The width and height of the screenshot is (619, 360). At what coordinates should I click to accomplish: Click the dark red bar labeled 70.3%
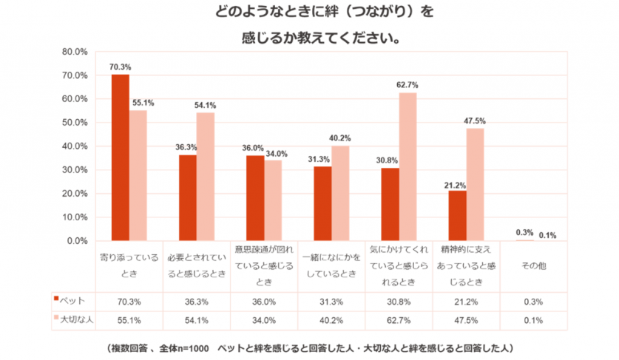pyautogui.click(x=120, y=157)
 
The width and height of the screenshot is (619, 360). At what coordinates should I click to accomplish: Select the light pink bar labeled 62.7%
pyautogui.click(x=407, y=167)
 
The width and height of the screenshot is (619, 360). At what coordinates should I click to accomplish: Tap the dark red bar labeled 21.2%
pyautogui.click(x=457, y=216)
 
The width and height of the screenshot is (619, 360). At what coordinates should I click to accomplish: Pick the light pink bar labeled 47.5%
pyautogui.click(x=475, y=185)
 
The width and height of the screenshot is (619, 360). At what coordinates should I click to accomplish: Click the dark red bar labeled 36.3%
pyautogui.click(x=188, y=198)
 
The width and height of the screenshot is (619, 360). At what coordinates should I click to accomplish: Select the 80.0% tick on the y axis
pyautogui.click(x=75, y=52)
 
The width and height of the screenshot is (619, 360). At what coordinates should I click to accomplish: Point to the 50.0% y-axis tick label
pyautogui.click(x=75, y=123)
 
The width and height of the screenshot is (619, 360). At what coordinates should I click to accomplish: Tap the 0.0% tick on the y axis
pyautogui.click(x=78, y=241)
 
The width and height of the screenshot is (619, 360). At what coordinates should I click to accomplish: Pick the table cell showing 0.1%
pyautogui.click(x=532, y=319)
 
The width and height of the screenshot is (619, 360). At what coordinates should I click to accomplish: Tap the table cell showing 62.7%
pyautogui.click(x=399, y=319)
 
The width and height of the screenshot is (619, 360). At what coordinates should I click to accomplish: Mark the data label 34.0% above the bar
pyautogui.click(x=275, y=154)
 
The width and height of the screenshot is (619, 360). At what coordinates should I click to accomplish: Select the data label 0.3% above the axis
pyautogui.click(x=524, y=233)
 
